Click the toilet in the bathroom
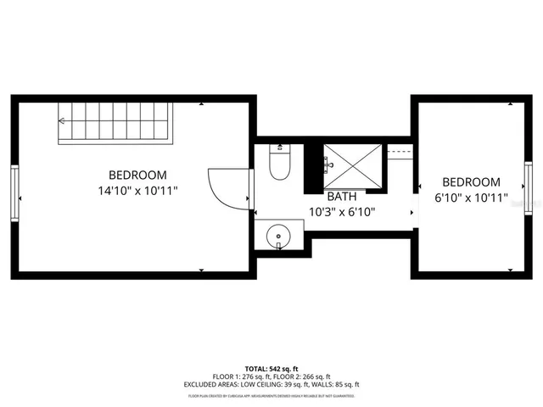pos(280,162)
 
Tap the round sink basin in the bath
pos(278,237)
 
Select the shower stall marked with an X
pos(353,164)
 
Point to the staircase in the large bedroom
pos(114,123)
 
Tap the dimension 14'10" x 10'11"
pos(137,191)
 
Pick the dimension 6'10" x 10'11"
pos(471,198)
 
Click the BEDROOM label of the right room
pos(471,181)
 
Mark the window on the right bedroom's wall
pos(528,188)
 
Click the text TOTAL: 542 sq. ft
pos(271,369)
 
